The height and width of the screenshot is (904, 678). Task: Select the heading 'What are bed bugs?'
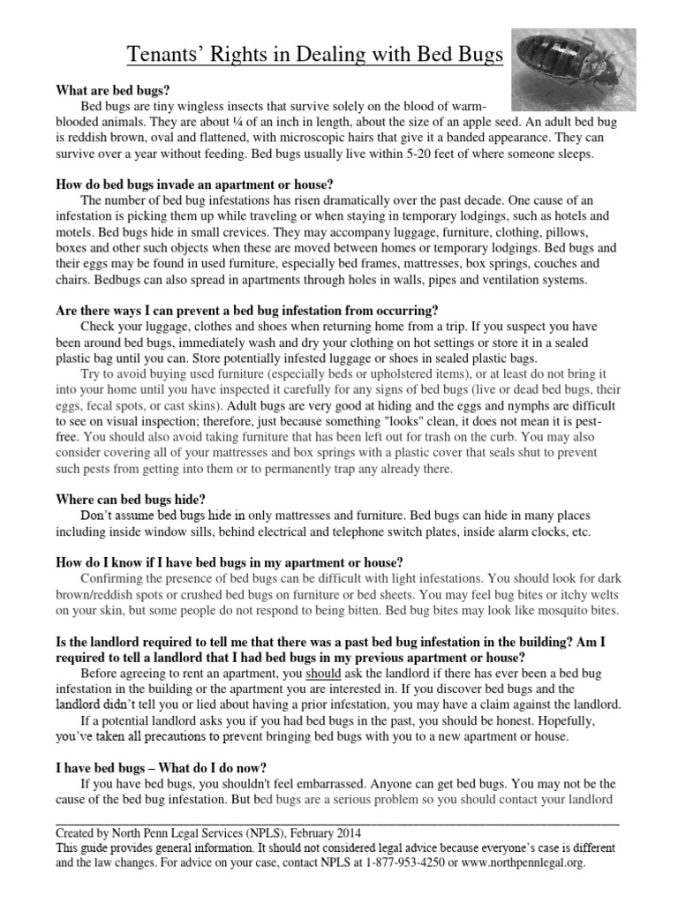pyautogui.click(x=113, y=91)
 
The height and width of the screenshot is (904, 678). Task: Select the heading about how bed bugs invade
pyautogui.click(x=194, y=185)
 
